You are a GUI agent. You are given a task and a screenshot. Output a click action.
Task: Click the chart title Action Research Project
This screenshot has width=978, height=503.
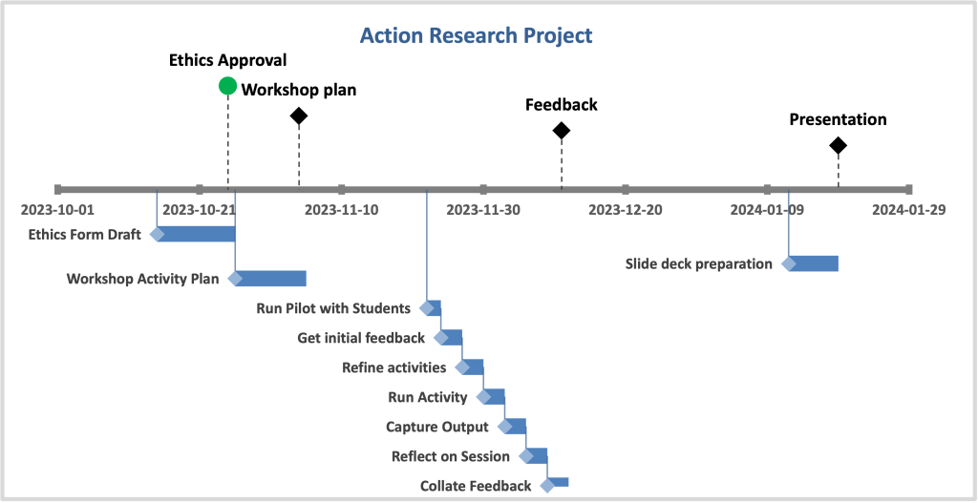click(476, 35)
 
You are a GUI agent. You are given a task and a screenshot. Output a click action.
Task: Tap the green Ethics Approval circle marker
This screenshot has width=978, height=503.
click(227, 86)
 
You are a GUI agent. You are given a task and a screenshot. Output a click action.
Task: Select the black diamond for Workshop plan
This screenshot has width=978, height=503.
click(299, 115)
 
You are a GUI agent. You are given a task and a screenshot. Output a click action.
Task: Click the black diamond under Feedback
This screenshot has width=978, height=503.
click(562, 130)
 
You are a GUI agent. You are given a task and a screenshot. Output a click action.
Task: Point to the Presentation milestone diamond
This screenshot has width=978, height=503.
click(838, 146)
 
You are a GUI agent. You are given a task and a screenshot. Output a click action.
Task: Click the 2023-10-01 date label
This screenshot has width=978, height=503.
click(57, 210)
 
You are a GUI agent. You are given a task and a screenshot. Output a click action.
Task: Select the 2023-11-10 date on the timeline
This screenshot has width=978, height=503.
click(341, 210)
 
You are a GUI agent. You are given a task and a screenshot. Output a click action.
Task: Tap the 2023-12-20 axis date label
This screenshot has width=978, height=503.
click(626, 210)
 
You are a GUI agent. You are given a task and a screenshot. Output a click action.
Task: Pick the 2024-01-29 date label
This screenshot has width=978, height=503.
click(909, 210)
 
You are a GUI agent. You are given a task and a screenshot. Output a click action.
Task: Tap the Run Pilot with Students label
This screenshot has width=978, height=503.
click(333, 308)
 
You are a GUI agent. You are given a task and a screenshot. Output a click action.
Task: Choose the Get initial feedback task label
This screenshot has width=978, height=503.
click(361, 338)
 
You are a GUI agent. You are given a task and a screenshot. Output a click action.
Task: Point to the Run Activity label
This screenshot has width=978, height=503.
click(427, 397)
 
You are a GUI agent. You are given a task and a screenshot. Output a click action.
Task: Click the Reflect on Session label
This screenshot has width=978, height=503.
click(451, 456)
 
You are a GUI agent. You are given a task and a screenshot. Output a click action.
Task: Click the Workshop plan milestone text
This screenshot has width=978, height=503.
click(299, 90)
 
